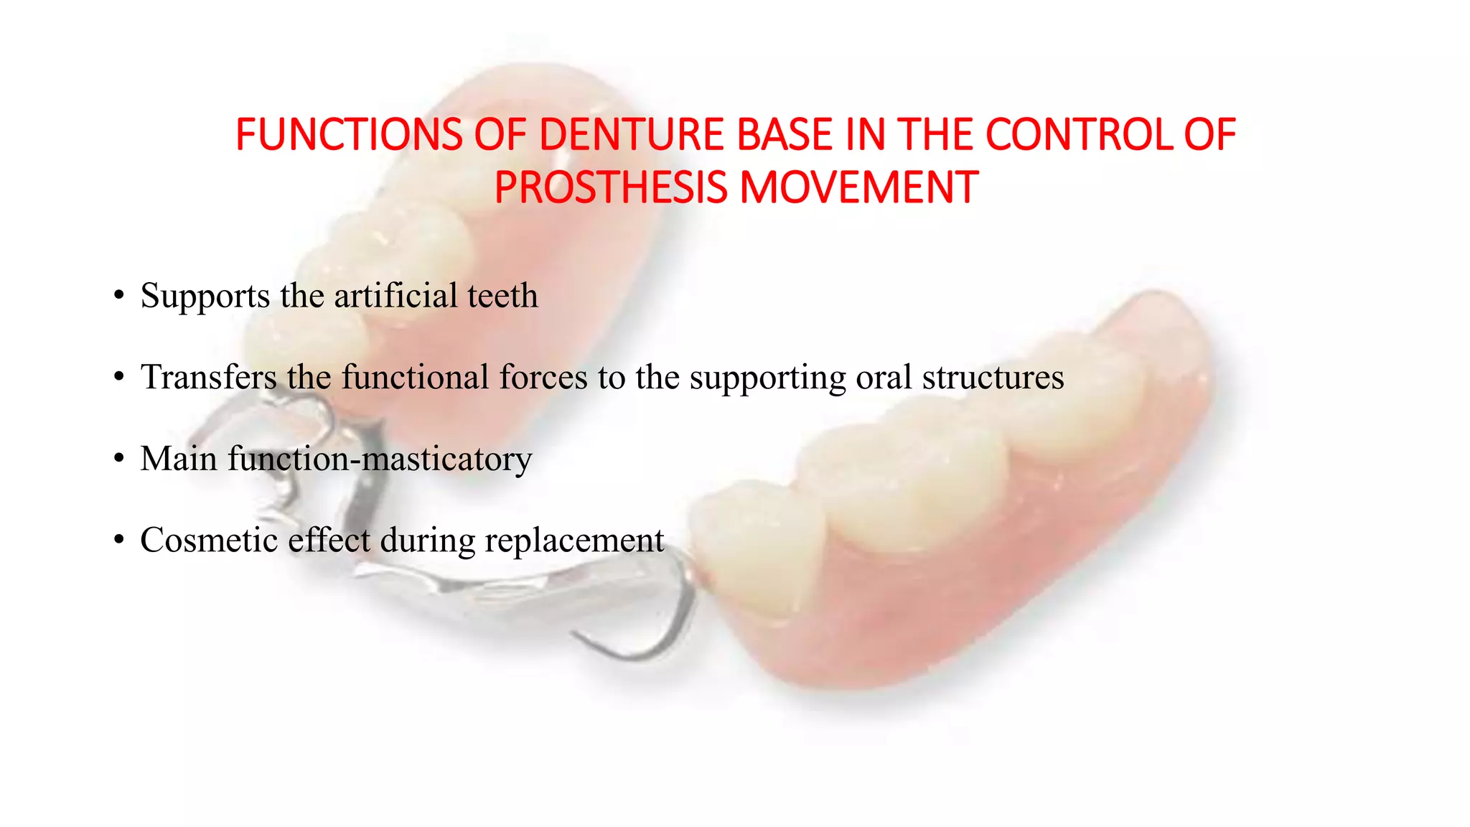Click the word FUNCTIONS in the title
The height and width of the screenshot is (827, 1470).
point(349,135)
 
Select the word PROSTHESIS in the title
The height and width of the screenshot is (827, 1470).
point(611,187)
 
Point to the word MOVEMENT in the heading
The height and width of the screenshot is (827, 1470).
point(858,187)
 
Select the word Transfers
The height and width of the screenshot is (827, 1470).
point(209,378)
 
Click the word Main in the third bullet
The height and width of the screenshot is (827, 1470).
point(179,459)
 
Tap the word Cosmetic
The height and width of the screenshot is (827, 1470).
point(209,540)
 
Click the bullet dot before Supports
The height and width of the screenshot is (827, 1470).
point(119,296)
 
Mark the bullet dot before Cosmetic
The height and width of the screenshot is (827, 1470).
point(119,541)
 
